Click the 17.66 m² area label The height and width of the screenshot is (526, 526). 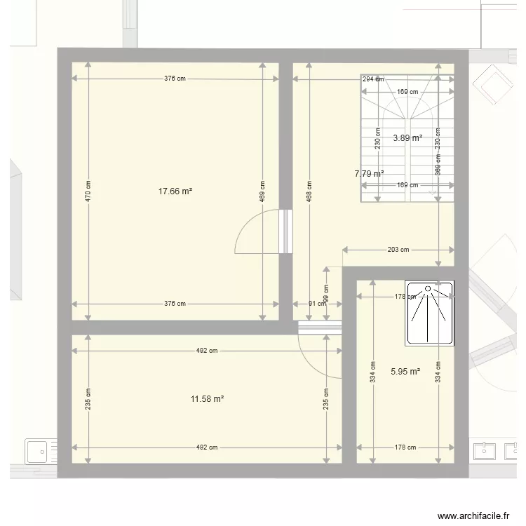click(x=175, y=189)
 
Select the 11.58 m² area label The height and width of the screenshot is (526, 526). click(x=207, y=399)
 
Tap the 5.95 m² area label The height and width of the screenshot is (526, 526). click(x=405, y=372)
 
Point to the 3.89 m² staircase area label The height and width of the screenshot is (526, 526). click(x=407, y=138)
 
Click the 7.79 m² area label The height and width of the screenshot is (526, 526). click(x=369, y=173)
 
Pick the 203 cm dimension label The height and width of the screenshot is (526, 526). click(x=398, y=249)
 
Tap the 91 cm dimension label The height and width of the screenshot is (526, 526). click(x=318, y=304)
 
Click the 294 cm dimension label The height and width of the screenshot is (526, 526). click(x=373, y=79)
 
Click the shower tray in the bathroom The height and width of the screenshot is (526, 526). click(x=429, y=313)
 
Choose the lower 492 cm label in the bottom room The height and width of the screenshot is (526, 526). click(x=207, y=447)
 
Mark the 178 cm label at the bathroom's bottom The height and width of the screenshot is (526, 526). click(x=405, y=447)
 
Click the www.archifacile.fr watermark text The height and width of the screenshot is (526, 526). click(x=473, y=515)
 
